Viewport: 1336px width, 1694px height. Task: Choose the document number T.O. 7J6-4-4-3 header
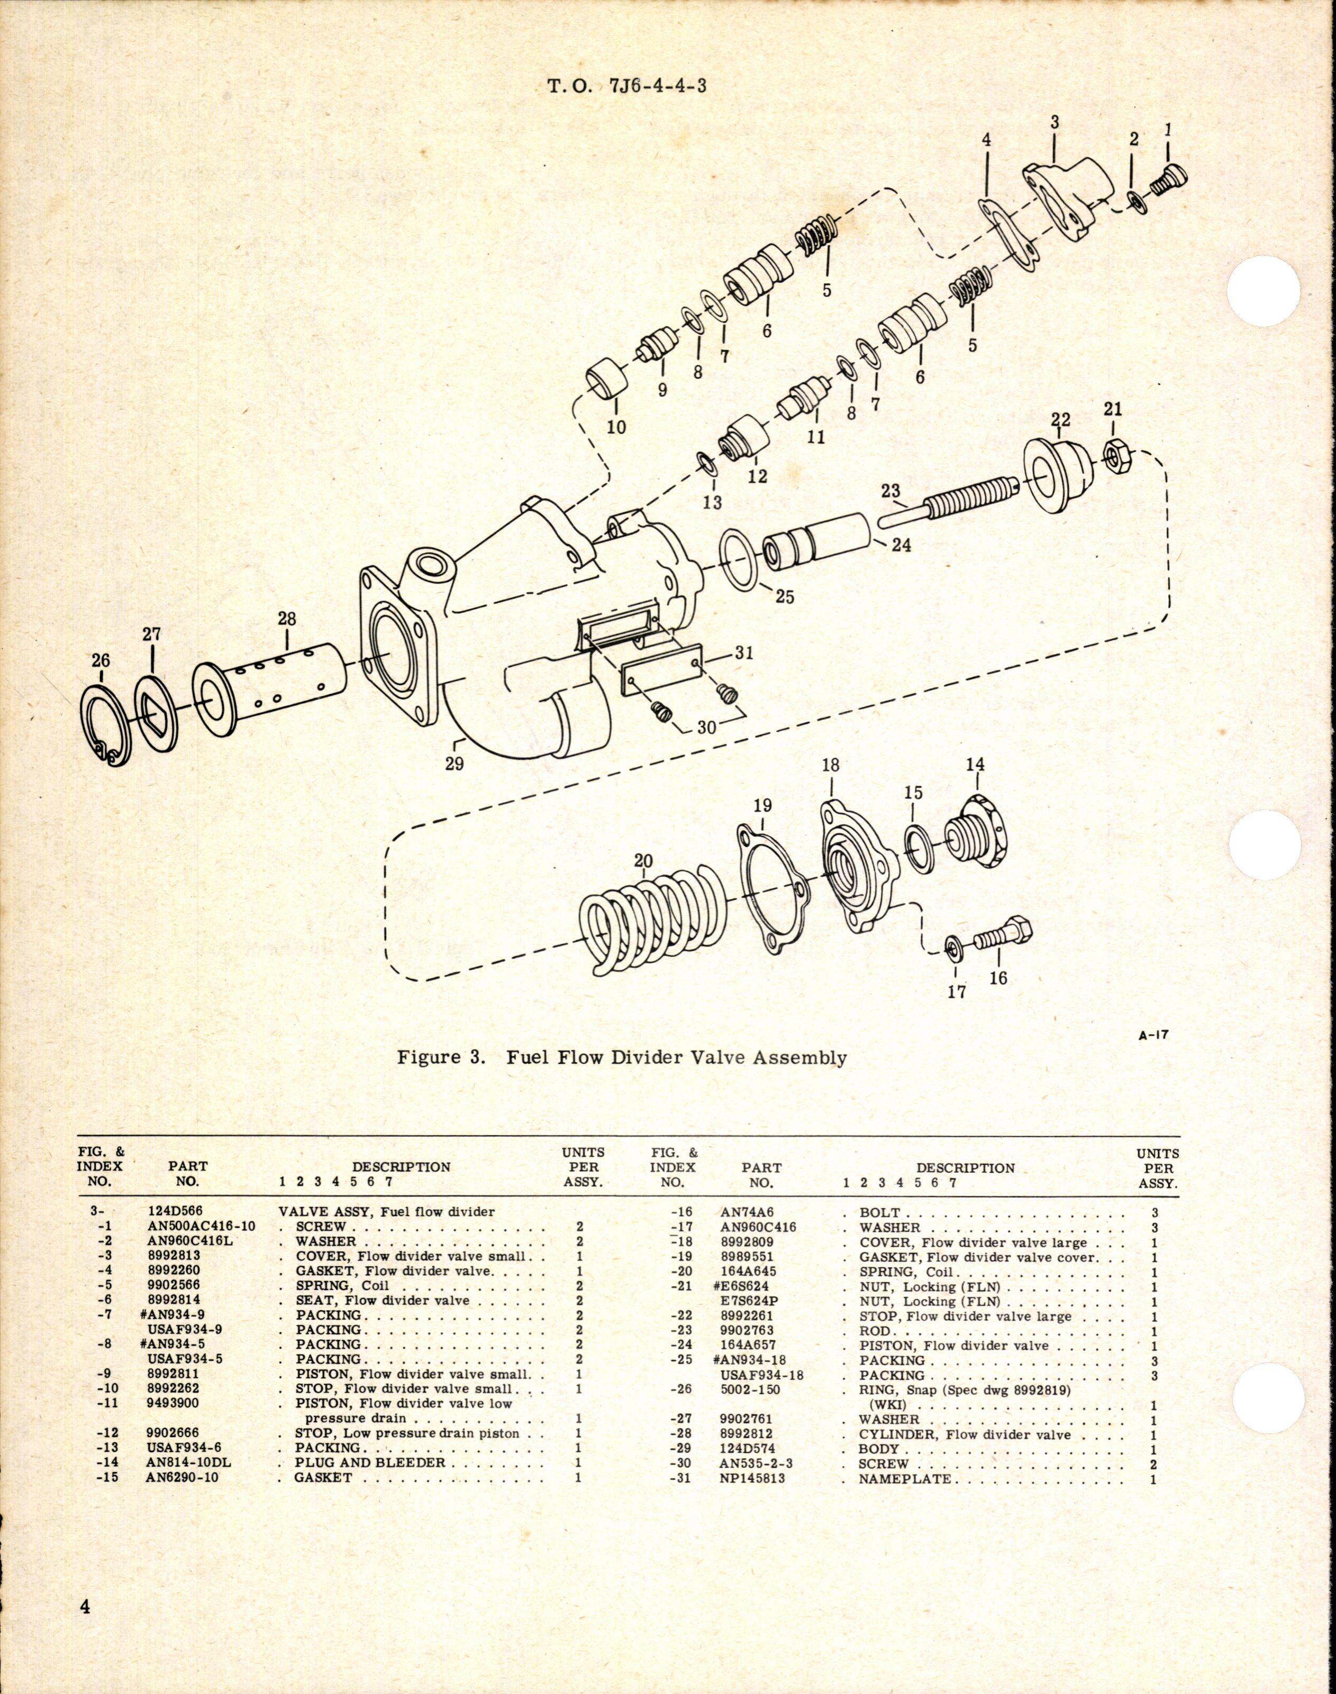click(626, 87)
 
